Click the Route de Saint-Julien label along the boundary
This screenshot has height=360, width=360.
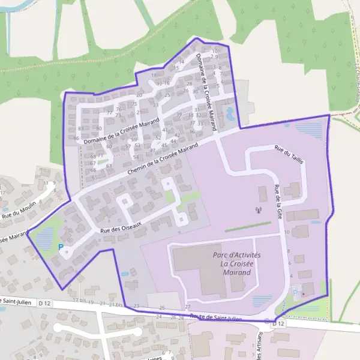215,317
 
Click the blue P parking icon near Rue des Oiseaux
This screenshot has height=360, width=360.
60,246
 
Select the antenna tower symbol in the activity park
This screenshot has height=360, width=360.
259,211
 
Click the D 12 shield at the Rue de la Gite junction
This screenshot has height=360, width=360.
277,323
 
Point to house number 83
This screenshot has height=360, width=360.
80,128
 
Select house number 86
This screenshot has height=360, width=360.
76,138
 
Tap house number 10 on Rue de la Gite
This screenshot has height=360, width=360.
287,232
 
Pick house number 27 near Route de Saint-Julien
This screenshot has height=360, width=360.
188,307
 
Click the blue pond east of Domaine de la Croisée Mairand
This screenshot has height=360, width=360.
230,112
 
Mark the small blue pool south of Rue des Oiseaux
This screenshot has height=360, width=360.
124,274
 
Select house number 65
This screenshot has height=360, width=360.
94,178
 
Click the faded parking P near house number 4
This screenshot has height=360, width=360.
295,292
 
